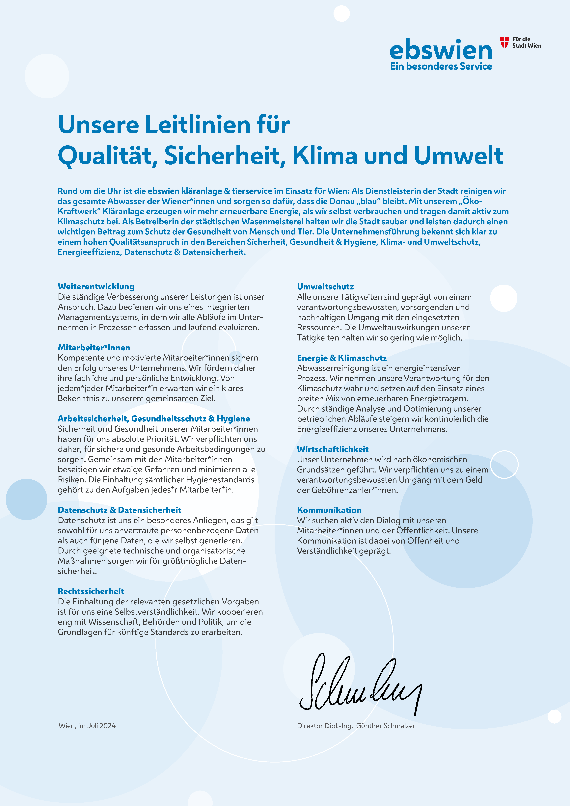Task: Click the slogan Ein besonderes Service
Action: pos(441,66)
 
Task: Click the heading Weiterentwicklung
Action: pos(96,286)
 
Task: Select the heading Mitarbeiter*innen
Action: pos(94,348)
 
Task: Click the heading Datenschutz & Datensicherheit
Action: pos(119,510)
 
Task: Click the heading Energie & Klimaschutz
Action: pos(342,358)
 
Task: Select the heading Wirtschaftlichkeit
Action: pos(333,449)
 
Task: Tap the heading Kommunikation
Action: pos(329,510)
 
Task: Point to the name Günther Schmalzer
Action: pos(386,726)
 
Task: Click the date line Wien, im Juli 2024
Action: pos(87,726)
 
